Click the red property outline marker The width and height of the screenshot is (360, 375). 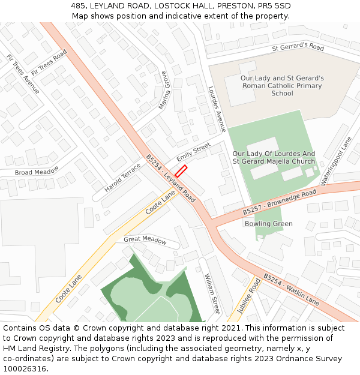(x=181, y=170)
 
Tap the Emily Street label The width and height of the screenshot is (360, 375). (x=194, y=151)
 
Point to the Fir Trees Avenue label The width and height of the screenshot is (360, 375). (x=23, y=74)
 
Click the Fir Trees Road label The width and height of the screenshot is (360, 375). (x=49, y=63)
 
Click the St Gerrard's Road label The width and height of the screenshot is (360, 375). (x=298, y=47)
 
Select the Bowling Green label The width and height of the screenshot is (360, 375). (x=268, y=224)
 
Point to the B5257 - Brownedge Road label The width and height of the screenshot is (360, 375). (x=280, y=203)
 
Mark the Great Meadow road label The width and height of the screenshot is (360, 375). (x=145, y=239)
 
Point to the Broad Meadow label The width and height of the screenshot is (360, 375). (x=37, y=172)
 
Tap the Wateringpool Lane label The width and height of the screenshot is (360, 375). (x=335, y=161)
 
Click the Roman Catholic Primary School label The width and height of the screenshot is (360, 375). (x=282, y=86)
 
